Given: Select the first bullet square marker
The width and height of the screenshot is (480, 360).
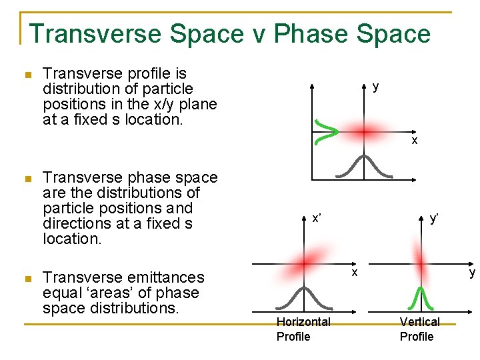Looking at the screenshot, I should coord(27,75).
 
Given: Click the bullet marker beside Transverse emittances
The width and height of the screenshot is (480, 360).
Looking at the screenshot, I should coord(27,279).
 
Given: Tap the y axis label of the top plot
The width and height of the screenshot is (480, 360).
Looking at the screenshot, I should coord(376,86).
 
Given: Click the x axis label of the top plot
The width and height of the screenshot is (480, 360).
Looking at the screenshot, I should coord(414,141).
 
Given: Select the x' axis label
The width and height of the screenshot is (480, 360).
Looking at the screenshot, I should coord(317,218).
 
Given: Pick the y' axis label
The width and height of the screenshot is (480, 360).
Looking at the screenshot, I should coord(434,218).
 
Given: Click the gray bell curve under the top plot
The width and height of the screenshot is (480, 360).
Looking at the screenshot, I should coord(363,166).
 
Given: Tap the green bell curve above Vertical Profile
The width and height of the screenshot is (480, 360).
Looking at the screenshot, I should coord(421,298).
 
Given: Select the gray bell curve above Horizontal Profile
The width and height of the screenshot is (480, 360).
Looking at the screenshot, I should coord(304,297).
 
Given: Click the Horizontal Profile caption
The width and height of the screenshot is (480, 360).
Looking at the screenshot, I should coord(303,329).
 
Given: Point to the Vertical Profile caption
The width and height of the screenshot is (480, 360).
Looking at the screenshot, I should coord(419,329).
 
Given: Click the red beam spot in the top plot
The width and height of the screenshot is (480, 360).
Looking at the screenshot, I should coord(364,132).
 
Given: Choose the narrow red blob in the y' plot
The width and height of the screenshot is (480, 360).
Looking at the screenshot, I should coord(421,261).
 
